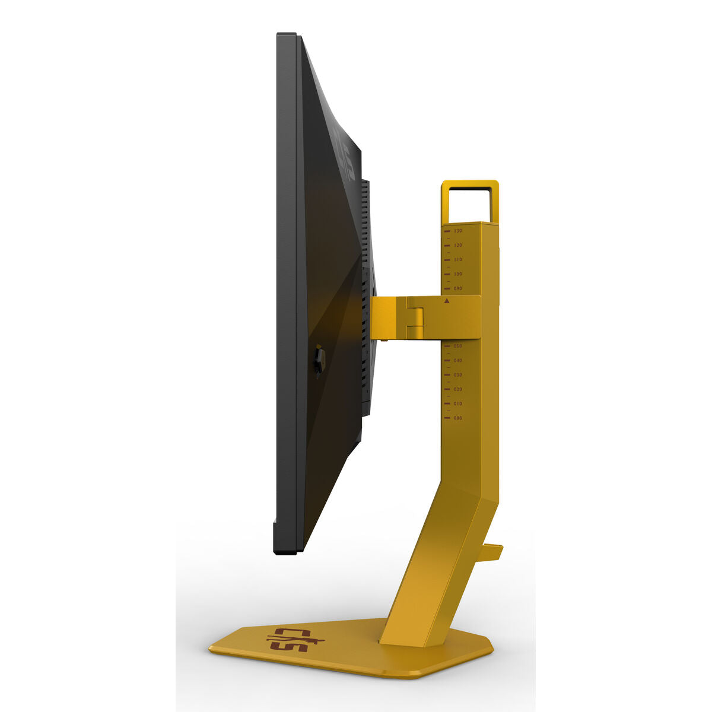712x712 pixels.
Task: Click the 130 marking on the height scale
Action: pos(457,230)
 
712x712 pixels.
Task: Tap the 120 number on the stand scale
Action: pos(457,245)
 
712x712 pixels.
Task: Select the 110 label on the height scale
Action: pos(457,260)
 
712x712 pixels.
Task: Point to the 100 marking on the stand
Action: pos(457,274)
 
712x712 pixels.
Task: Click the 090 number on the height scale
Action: pos(457,288)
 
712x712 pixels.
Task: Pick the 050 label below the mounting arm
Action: pos(457,345)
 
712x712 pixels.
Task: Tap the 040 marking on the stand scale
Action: pos(457,360)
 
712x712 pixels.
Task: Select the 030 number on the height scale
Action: pos(457,375)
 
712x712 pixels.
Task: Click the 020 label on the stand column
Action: pos(457,389)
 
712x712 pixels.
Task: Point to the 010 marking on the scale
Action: pos(457,403)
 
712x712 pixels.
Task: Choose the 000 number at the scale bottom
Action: pos(457,418)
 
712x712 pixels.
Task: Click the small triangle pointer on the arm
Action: pos(446,301)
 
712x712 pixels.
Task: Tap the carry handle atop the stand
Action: pos(469,185)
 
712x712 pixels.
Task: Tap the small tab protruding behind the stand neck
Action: pos(491,552)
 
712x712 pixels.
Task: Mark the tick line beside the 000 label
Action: pos(446,418)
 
